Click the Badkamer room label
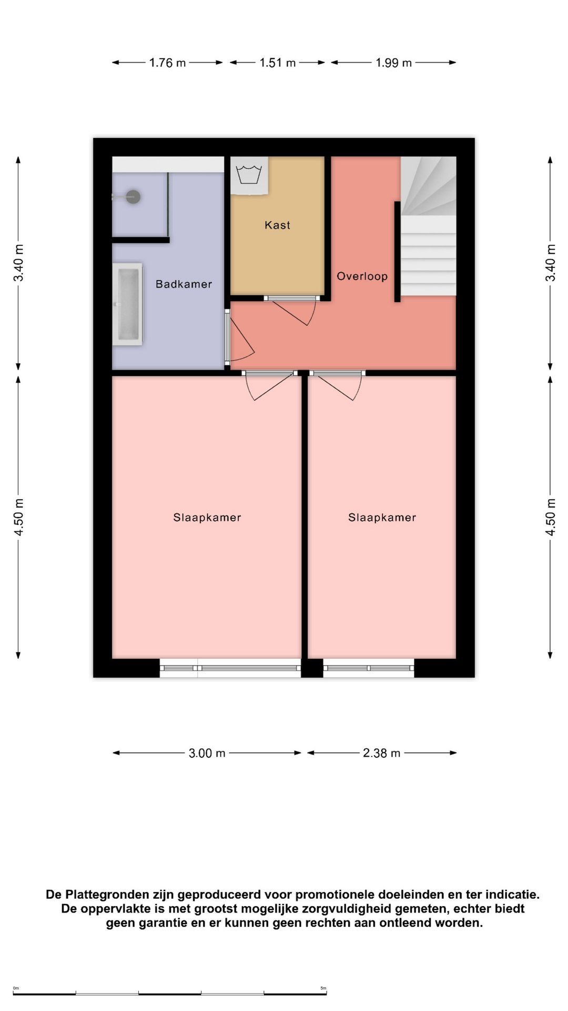pos(184,284)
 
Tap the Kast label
pos(277,225)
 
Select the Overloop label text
pos(362,276)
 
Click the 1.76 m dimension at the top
pos(167,63)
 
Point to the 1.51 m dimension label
pos(277,63)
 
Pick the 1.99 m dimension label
pos(393,63)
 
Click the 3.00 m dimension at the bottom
pos(207,753)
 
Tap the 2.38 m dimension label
pos(381,753)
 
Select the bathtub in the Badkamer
pos(127,304)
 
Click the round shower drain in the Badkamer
pos(134,197)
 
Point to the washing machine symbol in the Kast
pos(249,175)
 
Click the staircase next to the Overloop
pos(428,226)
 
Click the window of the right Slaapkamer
pos(368,668)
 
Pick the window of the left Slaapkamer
pos(230,668)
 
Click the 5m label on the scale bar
pos(323,988)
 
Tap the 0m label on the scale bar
pos(16,988)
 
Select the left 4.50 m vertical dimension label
pos(18,517)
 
